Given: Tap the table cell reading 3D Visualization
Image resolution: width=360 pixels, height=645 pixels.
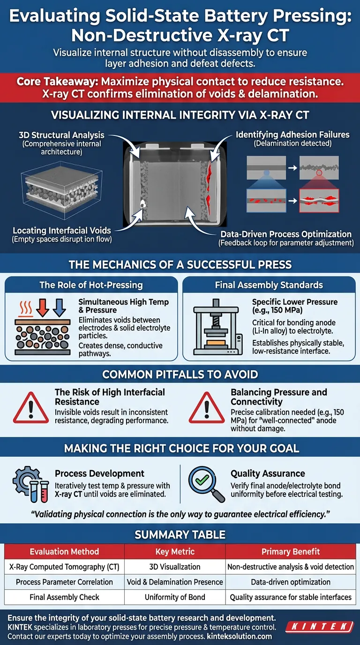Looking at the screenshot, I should click(175, 567).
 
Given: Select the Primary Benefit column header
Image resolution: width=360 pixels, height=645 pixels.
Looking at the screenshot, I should click(290, 552).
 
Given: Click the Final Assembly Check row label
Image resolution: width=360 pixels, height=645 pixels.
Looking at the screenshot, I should click(64, 597).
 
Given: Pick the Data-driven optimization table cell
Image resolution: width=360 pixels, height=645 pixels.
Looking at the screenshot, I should click(290, 582).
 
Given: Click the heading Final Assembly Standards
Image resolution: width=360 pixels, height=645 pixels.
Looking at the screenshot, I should click(269, 285).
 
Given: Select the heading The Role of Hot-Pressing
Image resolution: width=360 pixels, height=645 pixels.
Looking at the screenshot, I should click(91, 285).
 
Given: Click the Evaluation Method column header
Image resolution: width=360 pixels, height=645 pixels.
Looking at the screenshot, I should click(64, 552).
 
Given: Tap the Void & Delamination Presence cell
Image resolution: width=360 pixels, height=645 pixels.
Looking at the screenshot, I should click(175, 582).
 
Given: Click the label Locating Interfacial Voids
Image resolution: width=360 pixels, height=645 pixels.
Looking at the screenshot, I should click(62, 230).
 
